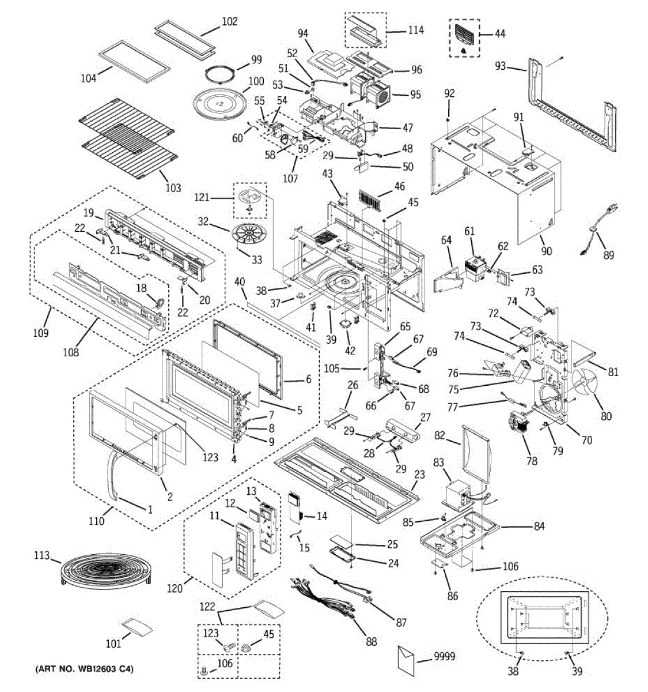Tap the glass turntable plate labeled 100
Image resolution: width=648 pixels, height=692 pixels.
point(218,104)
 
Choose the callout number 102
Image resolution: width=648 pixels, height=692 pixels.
point(230,21)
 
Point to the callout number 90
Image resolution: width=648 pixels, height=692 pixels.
point(546,250)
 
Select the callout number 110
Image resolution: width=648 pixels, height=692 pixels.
point(96,521)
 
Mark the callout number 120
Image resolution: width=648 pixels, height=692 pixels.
point(175,589)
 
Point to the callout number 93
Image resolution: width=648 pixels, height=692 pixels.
point(501,66)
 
